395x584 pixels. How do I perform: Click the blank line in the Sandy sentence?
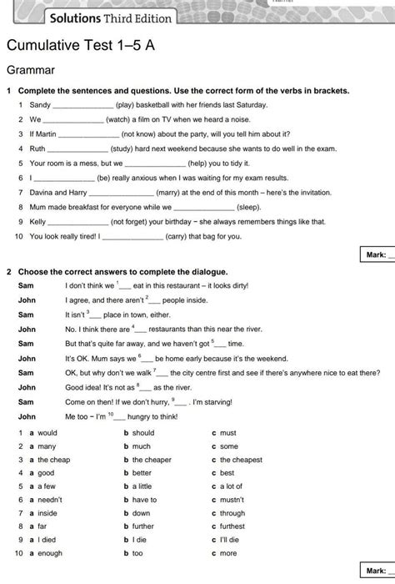tap(83, 106)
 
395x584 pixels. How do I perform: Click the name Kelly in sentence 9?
tap(38, 222)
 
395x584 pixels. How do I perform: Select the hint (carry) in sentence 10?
tap(179, 236)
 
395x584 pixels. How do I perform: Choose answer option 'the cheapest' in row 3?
tap(241, 460)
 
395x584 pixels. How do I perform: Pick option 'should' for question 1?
tap(143, 433)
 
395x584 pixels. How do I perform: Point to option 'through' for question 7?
tap(233, 513)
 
